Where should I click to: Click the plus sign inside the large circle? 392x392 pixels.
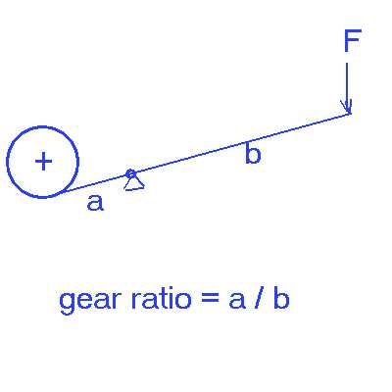[43, 162]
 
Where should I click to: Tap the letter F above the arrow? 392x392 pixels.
[353, 40]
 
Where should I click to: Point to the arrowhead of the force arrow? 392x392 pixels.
[347, 107]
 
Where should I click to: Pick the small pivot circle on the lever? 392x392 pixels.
[130, 173]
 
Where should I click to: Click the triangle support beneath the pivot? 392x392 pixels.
[134, 183]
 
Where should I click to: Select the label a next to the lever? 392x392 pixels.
[95, 203]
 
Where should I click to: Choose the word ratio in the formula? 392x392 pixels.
[161, 299]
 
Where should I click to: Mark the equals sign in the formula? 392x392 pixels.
[209, 299]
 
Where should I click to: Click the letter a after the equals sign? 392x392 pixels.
[237, 301]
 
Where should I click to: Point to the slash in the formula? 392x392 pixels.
[259, 299]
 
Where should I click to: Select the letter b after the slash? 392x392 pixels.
[281, 299]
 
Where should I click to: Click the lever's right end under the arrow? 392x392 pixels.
[350, 114]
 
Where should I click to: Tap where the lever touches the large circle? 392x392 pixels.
[64, 192]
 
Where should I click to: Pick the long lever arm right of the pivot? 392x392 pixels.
[240, 144]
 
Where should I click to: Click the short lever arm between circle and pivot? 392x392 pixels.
[96, 182]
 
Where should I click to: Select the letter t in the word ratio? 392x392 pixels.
[160, 299]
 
